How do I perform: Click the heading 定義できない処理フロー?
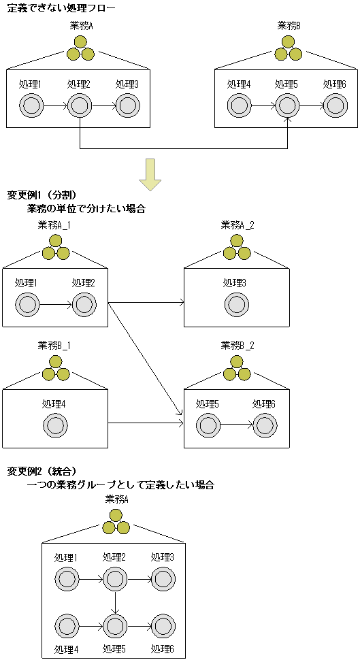[x=61, y=8]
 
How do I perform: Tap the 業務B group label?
[x=289, y=26]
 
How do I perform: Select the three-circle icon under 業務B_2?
[x=237, y=371]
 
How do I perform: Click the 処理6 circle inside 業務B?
[x=334, y=105]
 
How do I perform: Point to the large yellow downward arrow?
[x=150, y=174]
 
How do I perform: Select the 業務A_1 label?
[x=55, y=225]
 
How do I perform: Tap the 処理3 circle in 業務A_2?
[x=237, y=304]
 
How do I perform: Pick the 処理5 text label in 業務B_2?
[x=208, y=403]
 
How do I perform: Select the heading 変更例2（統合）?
[x=42, y=471]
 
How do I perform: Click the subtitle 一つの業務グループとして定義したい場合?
[x=121, y=485]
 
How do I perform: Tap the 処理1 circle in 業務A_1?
[x=27, y=304]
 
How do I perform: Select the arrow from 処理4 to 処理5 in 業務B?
[x=262, y=105]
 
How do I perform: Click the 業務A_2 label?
[x=237, y=225]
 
